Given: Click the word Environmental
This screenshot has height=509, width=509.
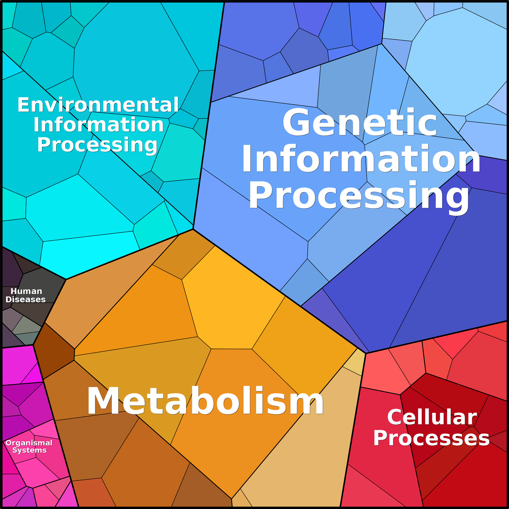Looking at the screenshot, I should click(98, 105).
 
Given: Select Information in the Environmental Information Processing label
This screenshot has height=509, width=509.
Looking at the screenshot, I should click(98, 125).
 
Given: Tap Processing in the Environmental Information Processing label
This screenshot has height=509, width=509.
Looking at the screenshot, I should click(97, 145).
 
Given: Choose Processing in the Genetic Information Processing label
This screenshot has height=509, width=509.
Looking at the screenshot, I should click(359, 196).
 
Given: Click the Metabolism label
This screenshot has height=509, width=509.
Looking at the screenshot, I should click(205, 401).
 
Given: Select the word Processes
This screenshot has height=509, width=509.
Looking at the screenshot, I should click(431, 438).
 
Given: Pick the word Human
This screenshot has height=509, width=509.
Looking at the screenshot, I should click(26, 291).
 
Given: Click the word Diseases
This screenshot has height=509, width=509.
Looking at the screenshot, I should click(26, 299).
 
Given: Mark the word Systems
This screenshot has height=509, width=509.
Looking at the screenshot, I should click(30, 450).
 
